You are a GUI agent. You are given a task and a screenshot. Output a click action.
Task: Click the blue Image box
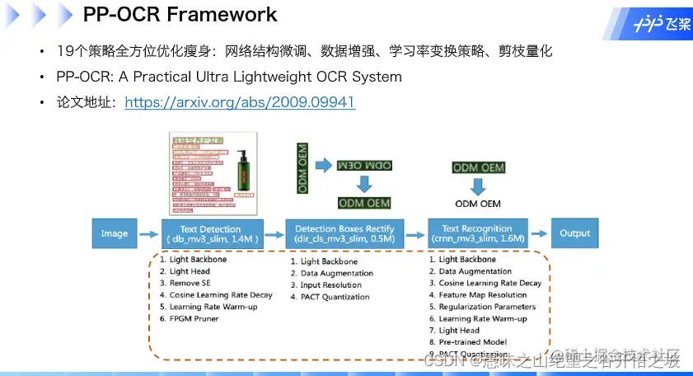click(x=114, y=233)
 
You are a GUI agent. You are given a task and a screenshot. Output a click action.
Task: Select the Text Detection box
click(x=212, y=233)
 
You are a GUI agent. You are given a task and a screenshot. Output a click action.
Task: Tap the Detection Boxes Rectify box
click(x=344, y=233)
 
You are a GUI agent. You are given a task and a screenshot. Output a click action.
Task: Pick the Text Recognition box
click(x=477, y=233)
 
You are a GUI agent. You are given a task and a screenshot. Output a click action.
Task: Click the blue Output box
click(x=574, y=233)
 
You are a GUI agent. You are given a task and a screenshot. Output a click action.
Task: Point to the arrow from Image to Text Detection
click(x=147, y=234)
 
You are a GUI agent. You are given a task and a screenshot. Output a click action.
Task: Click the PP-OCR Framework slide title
click(x=180, y=15)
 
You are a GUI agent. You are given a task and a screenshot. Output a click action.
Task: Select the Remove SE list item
click(x=191, y=283)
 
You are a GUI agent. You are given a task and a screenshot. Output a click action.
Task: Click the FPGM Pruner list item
click(x=194, y=317)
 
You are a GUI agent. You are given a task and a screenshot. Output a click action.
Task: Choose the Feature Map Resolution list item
click(x=482, y=294)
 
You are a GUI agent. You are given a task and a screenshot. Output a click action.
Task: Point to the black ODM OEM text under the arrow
click(x=478, y=204)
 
